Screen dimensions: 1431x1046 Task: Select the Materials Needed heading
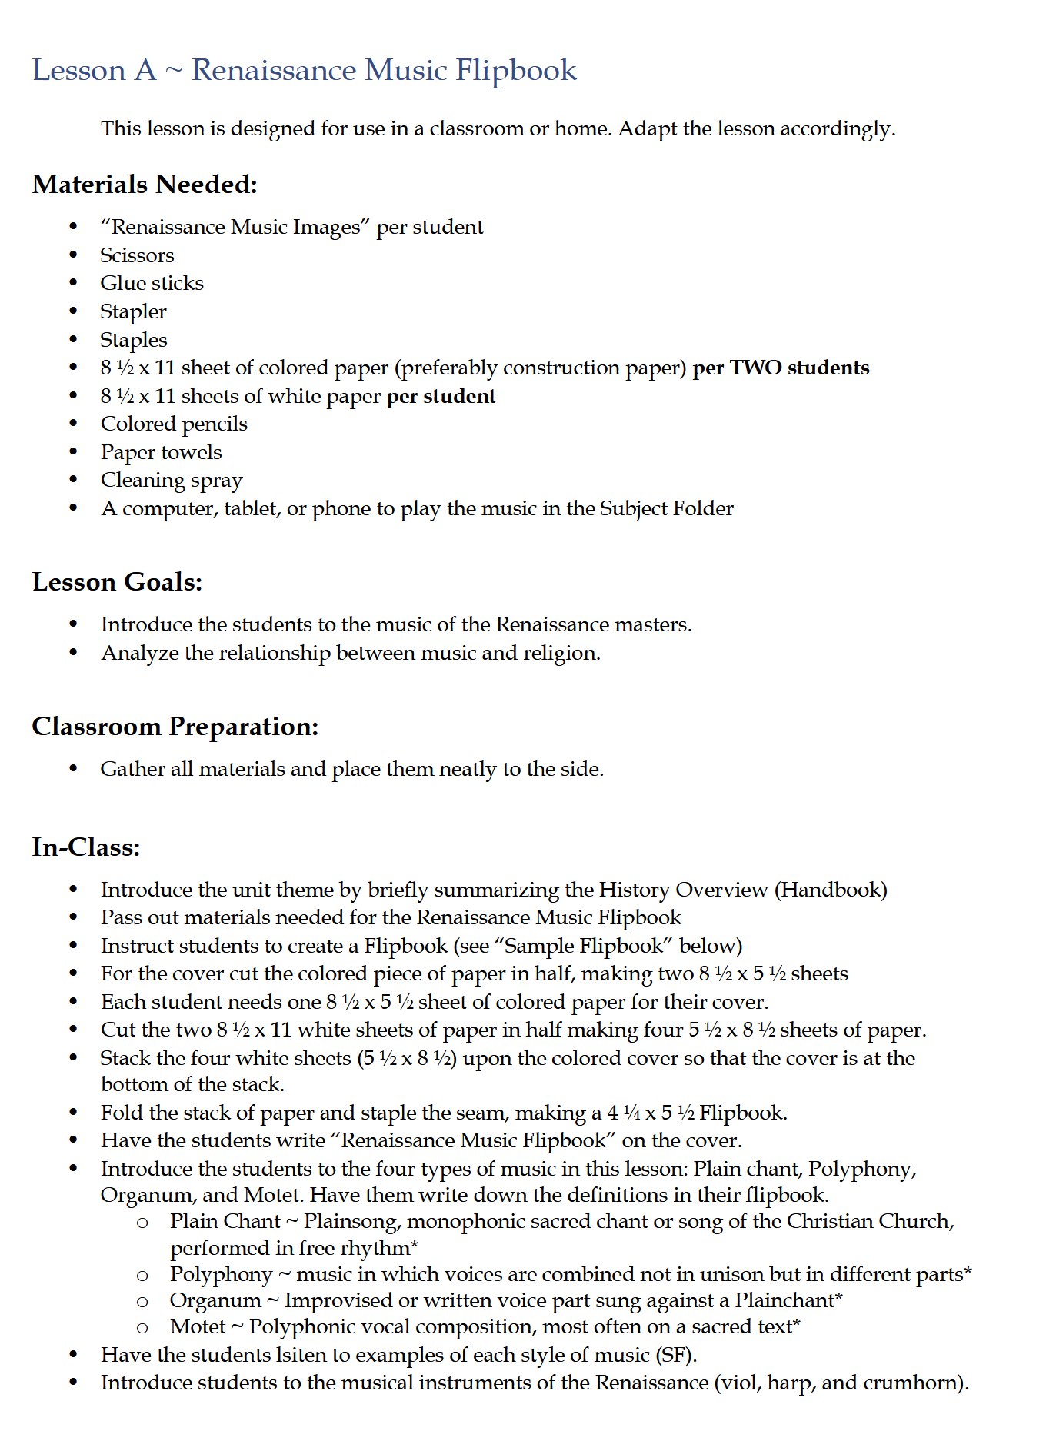point(145,185)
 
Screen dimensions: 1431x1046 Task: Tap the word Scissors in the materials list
point(137,255)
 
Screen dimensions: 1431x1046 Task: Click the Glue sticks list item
point(152,283)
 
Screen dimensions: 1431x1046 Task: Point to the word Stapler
point(133,311)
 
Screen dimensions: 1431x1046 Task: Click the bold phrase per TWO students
point(781,368)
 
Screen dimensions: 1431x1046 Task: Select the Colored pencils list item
point(174,424)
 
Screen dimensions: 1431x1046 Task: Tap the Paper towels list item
point(161,452)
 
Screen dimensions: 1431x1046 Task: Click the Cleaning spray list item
point(172,480)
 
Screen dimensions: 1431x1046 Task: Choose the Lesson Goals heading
point(117,582)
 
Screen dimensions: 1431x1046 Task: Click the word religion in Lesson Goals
point(560,653)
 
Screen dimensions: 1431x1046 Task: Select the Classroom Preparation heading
point(175,726)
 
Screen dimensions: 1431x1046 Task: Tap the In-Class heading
point(86,847)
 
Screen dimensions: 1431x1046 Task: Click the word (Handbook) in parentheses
point(831,890)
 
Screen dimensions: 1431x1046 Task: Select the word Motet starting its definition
point(198,1326)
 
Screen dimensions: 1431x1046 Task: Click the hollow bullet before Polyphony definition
point(142,1275)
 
